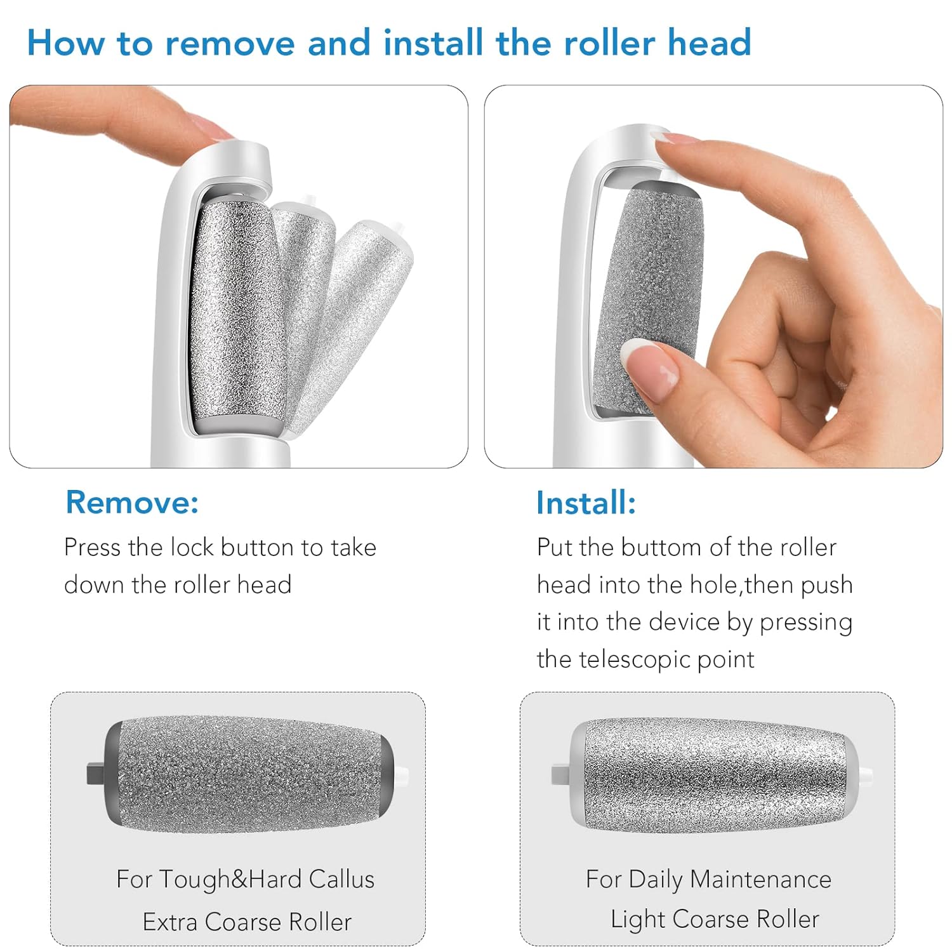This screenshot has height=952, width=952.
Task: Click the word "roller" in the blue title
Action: (609, 43)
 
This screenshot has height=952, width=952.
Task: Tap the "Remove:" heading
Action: (132, 502)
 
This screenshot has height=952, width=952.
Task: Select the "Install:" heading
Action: (585, 503)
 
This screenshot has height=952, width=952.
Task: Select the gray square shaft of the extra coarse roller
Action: (95, 774)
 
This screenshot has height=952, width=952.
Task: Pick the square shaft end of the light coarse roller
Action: (560, 774)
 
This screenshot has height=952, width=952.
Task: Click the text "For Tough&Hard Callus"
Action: (245, 879)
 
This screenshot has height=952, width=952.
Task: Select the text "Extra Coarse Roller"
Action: (247, 922)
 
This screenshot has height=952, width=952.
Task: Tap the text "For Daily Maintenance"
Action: (708, 879)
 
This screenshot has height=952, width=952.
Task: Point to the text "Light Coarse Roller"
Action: (715, 919)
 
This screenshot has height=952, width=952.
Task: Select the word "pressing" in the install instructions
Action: (806, 623)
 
